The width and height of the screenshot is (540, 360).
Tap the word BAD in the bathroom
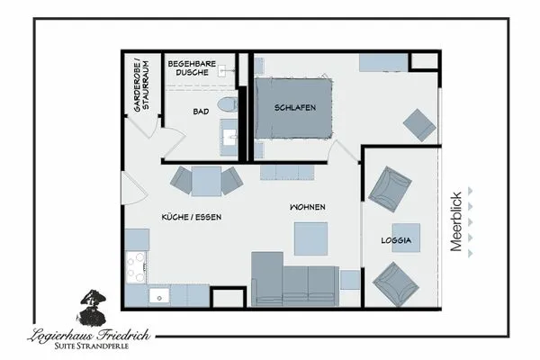coord(201,112)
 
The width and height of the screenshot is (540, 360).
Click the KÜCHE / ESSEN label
coord(191,217)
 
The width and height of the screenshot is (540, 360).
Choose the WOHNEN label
coord(307,207)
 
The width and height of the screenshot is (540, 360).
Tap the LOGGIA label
coord(396,240)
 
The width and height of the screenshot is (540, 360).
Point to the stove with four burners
coord(137,266)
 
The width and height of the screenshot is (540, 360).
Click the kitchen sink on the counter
coord(161,293)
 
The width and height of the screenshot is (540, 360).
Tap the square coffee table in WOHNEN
coord(310,238)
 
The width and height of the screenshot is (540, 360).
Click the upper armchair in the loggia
coord(389,186)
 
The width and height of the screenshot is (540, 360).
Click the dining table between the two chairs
coord(206,181)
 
